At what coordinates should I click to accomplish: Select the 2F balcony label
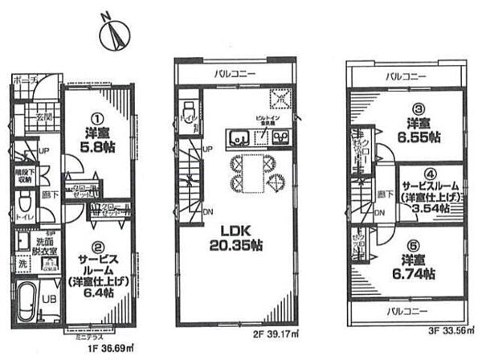coord(235,74)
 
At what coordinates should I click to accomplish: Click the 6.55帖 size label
coord(412,137)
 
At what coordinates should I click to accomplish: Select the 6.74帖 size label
coord(412,273)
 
